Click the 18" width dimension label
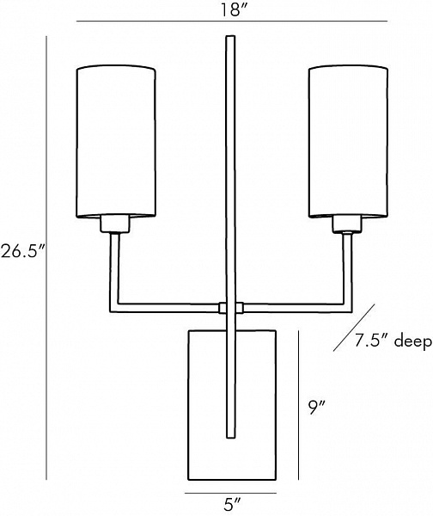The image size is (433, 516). click(234, 9)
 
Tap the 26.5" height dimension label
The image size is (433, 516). click(22, 252)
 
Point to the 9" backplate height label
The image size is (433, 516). click(317, 408)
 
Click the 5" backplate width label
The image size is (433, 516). click(232, 505)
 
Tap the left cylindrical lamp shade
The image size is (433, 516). click(116, 142)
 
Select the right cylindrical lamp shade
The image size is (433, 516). click(348, 142)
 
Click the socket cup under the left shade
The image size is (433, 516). click(115, 224)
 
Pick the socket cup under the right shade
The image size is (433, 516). click(347, 224)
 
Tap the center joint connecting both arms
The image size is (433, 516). click(231, 307)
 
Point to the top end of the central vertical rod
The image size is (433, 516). click(230, 36)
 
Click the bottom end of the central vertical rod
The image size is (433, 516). click(231, 438)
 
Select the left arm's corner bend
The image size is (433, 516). click(113, 308)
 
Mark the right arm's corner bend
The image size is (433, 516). click(348, 308)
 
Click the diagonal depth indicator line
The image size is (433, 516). click(354, 328)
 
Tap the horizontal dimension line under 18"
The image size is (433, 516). click(232, 21)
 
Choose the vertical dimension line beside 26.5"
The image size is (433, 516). click(46, 258)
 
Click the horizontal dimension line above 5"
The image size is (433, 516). click(230, 493)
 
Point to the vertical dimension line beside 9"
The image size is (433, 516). click(298, 405)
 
